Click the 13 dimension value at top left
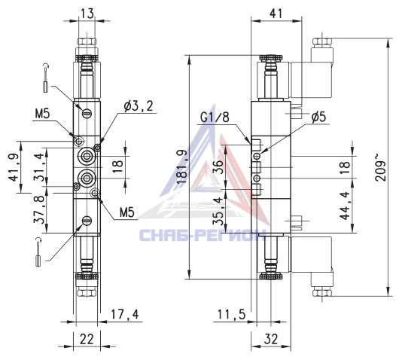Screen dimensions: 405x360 coord(87,14)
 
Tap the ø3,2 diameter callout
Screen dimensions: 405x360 coord(139,105)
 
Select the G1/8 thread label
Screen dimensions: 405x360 coord(215,117)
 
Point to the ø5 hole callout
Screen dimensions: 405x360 coord(318,117)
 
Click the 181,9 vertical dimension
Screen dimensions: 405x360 coord(182,167)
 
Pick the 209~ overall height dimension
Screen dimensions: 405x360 coord(380,167)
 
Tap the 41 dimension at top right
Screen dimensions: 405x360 coord(276,14)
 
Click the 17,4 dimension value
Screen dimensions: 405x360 coord(125,314)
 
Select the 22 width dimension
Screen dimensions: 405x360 coord(87,340)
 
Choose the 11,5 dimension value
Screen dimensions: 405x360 coord(231,315)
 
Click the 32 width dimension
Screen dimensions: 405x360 coord(271,340)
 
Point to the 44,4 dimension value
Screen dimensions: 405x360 coord(345,206)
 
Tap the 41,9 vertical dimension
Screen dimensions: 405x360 coord(13,167)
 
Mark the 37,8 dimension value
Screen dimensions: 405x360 coord(38,209)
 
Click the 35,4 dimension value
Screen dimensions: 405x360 coord(218,211)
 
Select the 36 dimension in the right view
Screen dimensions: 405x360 coord(218,167)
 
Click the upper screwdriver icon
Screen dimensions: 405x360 coord(45,78)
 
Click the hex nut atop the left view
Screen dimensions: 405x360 coord(87,42)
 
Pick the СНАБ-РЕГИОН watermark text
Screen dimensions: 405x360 coord(202,235)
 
